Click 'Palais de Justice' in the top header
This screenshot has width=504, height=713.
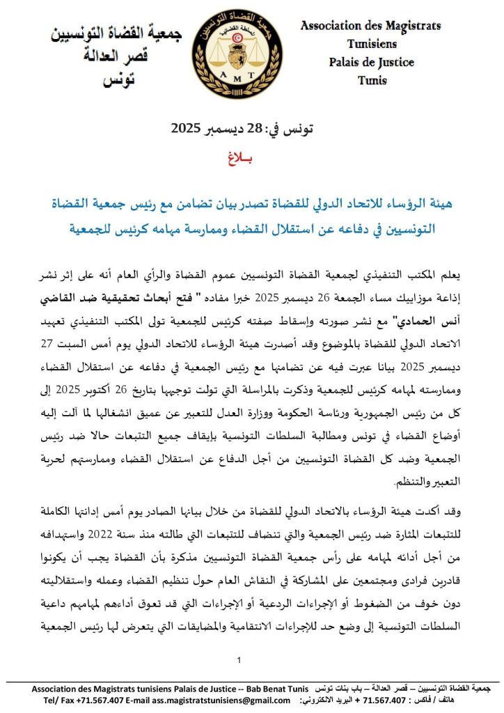(371, 62)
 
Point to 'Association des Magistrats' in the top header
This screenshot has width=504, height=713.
(370, 26)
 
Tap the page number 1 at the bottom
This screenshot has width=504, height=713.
(239, 659)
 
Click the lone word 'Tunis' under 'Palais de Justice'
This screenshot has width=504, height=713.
(372, 81)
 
